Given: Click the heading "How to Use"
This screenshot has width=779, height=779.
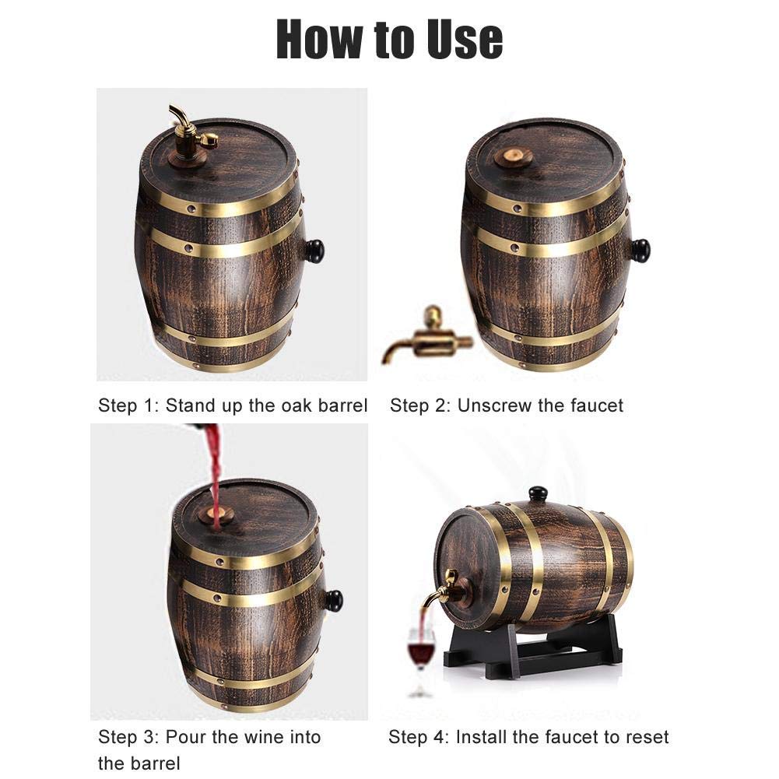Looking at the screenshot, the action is point(389,39).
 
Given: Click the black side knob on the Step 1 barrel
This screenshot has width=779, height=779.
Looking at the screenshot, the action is point(314,251).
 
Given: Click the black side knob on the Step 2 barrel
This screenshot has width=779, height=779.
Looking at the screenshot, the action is point(640,251).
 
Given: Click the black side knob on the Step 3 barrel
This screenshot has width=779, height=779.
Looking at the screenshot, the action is point(333,601).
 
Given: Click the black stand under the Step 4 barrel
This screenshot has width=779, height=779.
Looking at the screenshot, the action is point(532,646).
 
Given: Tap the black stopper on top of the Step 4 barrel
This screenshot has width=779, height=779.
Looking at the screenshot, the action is point(538,494).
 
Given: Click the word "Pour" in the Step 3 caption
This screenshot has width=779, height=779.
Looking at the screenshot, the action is point(186,737).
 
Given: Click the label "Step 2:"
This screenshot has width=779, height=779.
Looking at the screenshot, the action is point(419,406).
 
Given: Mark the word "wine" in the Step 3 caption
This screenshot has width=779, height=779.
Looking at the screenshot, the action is point(264,737).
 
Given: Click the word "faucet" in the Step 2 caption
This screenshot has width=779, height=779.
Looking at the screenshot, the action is point(596,405).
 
